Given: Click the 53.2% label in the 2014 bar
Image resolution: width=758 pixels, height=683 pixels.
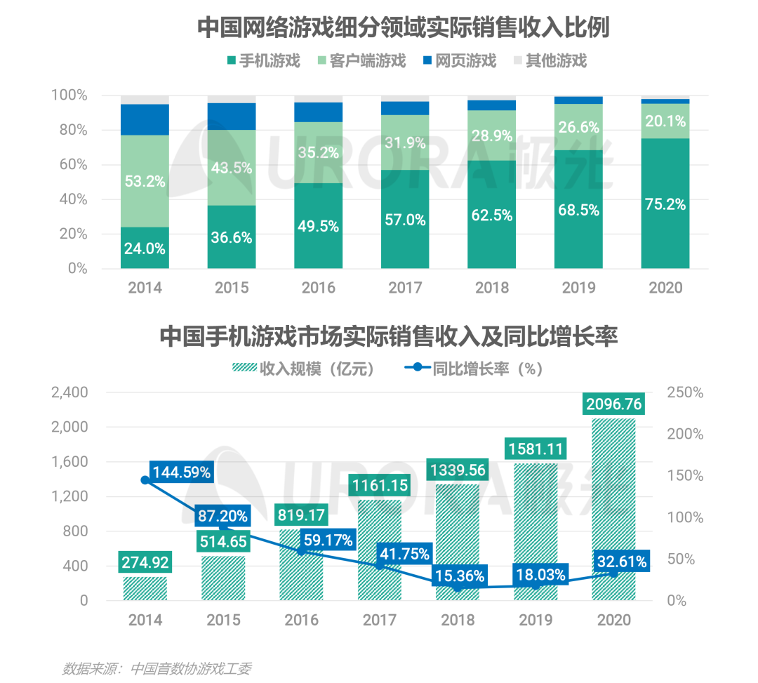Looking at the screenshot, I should [145, 182].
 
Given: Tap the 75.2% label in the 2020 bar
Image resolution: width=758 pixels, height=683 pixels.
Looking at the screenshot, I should [665, 204].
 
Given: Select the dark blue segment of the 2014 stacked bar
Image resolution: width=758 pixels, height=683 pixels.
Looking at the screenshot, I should [145, 119].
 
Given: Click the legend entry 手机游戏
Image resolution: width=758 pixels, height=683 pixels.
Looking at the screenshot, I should [263, 60].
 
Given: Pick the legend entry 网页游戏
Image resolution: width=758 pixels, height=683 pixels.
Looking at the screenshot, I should [459, 60].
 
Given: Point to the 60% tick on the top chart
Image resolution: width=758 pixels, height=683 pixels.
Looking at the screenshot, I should [69, 165].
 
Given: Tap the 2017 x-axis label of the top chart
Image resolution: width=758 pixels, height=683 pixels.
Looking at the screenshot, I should [405, 288].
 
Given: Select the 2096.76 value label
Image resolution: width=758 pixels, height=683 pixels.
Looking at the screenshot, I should [613, 404].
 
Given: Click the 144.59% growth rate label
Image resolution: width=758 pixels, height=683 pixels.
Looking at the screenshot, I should [180, 472].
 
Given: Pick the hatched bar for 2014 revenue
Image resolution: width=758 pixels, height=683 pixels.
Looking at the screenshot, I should [145, 588].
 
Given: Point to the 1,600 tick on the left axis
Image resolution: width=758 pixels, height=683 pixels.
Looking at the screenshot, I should [70, 462].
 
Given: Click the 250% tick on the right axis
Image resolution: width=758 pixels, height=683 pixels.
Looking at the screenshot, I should [684, 393].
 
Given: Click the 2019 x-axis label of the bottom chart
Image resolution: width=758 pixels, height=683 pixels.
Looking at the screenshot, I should [536, 620].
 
